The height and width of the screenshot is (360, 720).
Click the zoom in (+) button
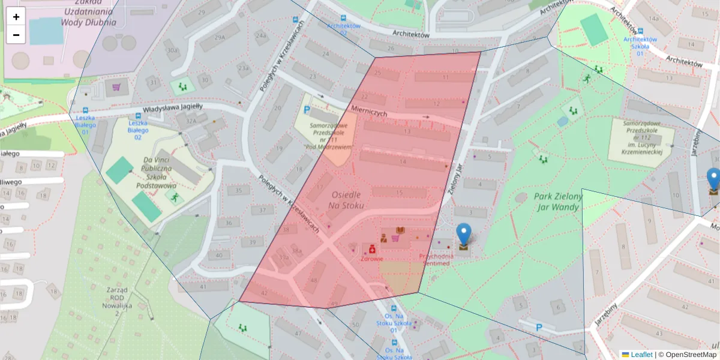pos(16,17)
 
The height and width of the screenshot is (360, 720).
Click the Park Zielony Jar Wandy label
pos(558,202)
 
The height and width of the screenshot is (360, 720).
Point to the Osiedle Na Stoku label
pos(346,200)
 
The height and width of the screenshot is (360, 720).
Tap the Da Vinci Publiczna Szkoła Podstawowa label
pos(157,173)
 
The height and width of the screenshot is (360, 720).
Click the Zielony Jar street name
pos(457,181)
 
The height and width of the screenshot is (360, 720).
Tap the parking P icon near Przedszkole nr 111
pos(307,110)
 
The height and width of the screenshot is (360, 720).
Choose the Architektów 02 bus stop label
pos(343,29)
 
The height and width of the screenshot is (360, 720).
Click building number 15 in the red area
pos(399,193)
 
